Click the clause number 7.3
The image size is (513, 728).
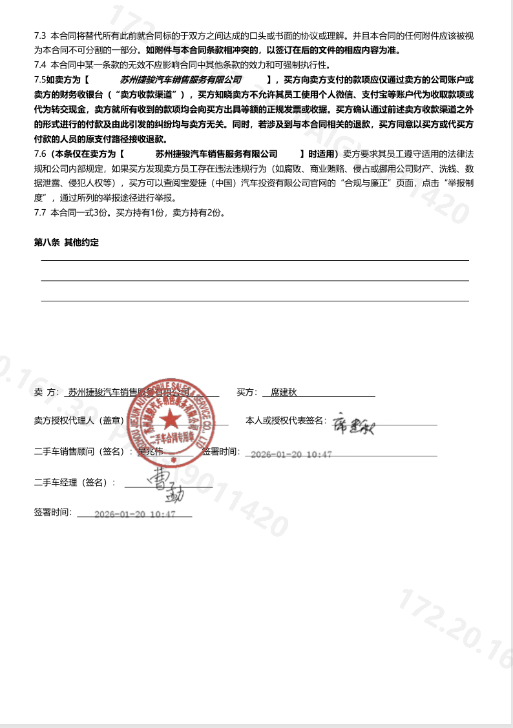40,35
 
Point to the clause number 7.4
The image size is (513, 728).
40,65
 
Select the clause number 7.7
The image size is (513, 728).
40,212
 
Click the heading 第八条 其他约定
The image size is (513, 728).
67,242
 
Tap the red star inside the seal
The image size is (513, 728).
171,421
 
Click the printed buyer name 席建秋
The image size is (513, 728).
283,392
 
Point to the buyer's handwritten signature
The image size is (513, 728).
353,423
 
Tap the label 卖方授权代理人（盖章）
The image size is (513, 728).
81,421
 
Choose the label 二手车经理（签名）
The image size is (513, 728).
75,482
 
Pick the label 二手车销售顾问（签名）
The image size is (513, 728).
81,452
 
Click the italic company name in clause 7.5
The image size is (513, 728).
181,79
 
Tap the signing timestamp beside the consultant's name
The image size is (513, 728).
291,454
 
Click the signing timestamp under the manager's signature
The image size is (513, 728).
135,514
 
